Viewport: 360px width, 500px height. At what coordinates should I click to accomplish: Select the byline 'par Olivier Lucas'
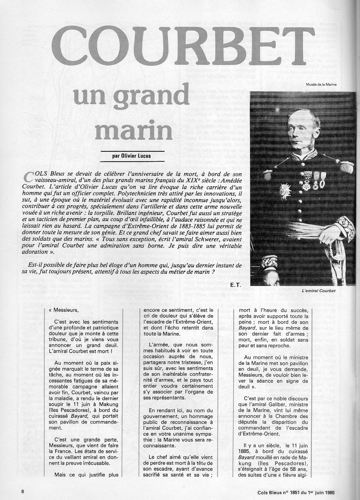point(131,156)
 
